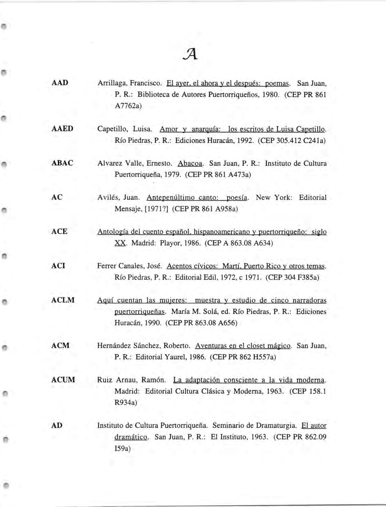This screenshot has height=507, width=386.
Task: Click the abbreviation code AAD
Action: [x=60, y=82]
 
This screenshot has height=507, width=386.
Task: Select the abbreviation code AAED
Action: [x=62, y=129]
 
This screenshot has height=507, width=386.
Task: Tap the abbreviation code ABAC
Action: [x=62, y=163]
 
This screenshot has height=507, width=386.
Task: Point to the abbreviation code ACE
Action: [x=59, y=231]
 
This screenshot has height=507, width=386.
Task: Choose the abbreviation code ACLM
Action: [x=63, y=300]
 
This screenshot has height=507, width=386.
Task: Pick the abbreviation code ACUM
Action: [x=63, y=380]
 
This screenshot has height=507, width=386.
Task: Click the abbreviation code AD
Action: [x=57, y=425]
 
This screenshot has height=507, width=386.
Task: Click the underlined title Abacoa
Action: [x=190, y=163]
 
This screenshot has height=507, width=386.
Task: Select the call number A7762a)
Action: [x=128, y=106]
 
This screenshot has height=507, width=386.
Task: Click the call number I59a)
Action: [x=123, y=448]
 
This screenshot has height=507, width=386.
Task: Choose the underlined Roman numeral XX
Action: [x=120, y=243]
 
